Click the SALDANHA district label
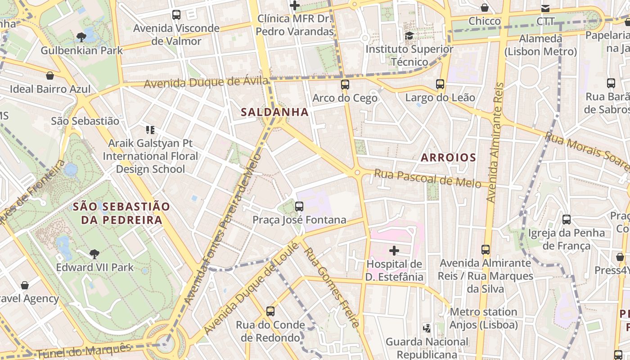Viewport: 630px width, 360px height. coord(274,112)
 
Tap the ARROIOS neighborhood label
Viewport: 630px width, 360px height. coord(448,157)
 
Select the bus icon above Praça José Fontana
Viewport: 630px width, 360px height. coord(299,207)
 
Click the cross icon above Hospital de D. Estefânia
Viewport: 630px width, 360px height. coord(394,251)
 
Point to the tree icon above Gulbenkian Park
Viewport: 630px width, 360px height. coord(81,37)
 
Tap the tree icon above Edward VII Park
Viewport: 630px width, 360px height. coord(94,254)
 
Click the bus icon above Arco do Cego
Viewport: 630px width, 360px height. coord(345,85)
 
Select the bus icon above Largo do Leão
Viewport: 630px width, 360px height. coord(440,84)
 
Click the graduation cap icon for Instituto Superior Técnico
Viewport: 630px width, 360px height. coord(409,36)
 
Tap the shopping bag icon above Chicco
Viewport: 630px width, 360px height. coord(485,8)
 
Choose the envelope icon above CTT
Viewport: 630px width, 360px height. coord(545,8)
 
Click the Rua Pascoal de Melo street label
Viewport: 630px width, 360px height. coord(427,177)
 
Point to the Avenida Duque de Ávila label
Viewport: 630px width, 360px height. coord(206,83)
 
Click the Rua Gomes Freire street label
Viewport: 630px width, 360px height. coord(332,287)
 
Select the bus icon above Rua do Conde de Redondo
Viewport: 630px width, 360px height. coord(270,311)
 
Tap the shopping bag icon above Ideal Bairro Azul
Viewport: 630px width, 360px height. coord(50,76)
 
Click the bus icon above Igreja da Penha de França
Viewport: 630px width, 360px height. coord(567,220)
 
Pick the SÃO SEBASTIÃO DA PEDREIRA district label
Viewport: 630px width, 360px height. coord(121,213)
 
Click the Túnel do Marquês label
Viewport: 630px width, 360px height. coord(84,350)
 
